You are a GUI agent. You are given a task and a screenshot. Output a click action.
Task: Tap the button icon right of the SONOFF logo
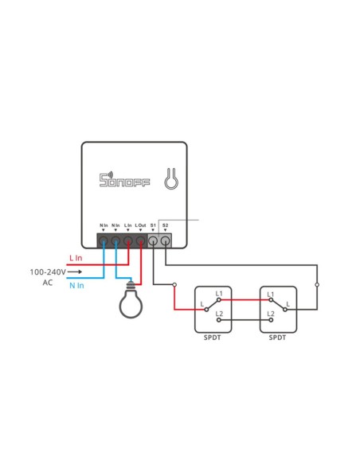tap(170, 179)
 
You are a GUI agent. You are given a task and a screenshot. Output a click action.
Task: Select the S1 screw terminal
tap(153, 239)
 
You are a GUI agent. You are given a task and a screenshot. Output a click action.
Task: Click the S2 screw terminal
tap(165, 239)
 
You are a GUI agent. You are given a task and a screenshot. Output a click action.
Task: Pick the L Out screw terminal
tap(140, 239)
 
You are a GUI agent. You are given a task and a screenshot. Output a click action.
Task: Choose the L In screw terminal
tap(127, 239)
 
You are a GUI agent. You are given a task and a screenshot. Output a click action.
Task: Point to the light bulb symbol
tap(131, 302)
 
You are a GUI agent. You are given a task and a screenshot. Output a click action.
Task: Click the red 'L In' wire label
tap(76, 258)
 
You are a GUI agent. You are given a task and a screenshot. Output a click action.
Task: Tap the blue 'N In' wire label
tap(76, 284)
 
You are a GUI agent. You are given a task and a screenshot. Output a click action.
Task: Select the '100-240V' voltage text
tap(49, 272)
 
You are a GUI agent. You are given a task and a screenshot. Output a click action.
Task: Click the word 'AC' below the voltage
tap(47, 283)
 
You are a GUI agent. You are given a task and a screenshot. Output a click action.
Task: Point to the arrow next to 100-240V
tap(75, 272)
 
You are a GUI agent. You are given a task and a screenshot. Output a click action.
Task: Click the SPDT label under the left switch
tap(213, 338)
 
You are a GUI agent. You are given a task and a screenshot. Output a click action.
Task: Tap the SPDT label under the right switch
tap(277, 338)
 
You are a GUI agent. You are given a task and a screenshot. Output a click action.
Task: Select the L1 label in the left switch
tap(219, 295)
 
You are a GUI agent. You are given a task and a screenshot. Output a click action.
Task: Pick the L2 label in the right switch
tap(271, 314)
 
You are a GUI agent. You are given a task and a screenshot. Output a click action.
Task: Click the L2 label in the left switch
tap(219, 314)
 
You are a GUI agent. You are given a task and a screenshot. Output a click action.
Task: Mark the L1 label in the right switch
tap(271, 295)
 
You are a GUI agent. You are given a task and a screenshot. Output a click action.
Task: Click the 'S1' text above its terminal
tap(152, 225)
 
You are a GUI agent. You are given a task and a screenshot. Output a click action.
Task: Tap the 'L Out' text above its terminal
tap(140, 225)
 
